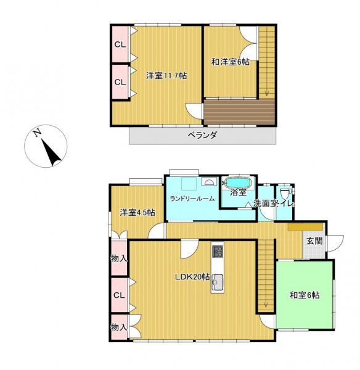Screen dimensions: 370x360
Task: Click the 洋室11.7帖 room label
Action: point(166,75)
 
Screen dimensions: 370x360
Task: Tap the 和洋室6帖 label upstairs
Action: point(230,62)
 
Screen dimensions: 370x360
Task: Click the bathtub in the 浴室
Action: point(237,184)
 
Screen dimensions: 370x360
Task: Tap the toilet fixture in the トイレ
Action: point(284,192)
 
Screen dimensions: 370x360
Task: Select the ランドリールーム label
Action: point(192,198)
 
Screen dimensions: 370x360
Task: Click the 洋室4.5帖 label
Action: point(137,213)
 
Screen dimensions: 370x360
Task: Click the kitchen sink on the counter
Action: point(218,284)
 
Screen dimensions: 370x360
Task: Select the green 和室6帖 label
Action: point(305,295)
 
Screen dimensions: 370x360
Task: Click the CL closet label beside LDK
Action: point(119,295)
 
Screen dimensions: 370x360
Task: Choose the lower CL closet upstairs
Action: point(120,81)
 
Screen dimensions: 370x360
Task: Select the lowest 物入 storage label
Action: point(119,326)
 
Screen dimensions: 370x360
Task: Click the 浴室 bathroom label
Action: point(238,192)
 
